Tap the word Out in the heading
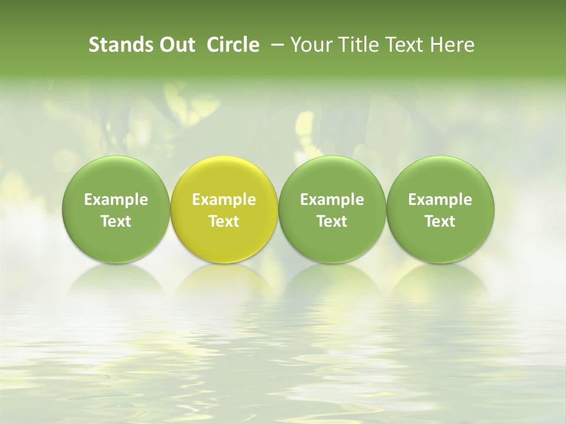tap(176, 45)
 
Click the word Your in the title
tap(310, 45)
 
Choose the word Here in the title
tap(452, 45)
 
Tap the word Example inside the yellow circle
tap(224, 200)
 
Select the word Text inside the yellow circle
tap(224, 221)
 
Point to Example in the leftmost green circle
tap(116, 200)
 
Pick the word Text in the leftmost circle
tap(116, 221)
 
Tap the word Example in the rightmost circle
tap(440, 200)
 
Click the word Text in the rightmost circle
tap(440, 221)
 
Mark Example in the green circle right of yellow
tap(332, 200)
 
